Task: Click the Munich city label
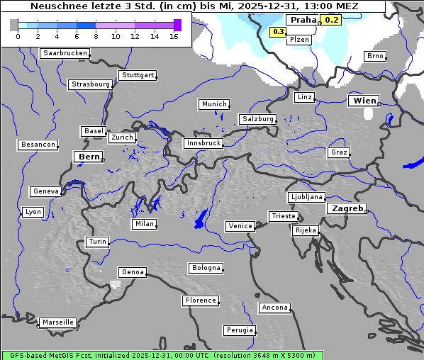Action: point(214,104)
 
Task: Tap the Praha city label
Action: point(303,21)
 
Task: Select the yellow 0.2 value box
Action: point(331,20)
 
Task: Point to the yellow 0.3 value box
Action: point(278,32)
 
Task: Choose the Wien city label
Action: point(364,101)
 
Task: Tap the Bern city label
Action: point(89,156)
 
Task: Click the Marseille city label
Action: point(57,322)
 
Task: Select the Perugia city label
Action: point(240,330)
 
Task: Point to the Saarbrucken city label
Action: point(65,53)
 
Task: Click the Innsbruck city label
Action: point(203,143)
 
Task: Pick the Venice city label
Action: point(240,226)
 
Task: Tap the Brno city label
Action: point(374,56)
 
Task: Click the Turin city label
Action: point(98,242)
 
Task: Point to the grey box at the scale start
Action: point(14,26)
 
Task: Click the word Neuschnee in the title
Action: point(57,6)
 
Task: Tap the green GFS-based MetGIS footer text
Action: point(162,355)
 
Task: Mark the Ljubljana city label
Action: point(306,197)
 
